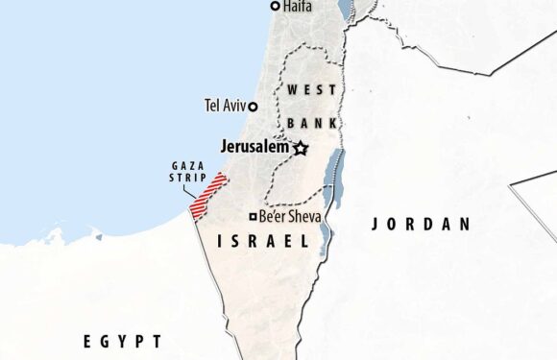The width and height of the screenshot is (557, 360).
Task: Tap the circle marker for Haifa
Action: tap(275, 7)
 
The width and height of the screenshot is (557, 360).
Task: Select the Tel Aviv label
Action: tap(226, 105)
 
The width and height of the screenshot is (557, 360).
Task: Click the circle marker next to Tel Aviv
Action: tap(254, 105)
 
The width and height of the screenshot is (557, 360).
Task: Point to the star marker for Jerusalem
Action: tap(301, 148)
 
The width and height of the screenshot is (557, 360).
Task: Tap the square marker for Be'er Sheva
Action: tap(254, 217)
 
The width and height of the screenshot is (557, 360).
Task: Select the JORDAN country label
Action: tap(422, 225)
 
